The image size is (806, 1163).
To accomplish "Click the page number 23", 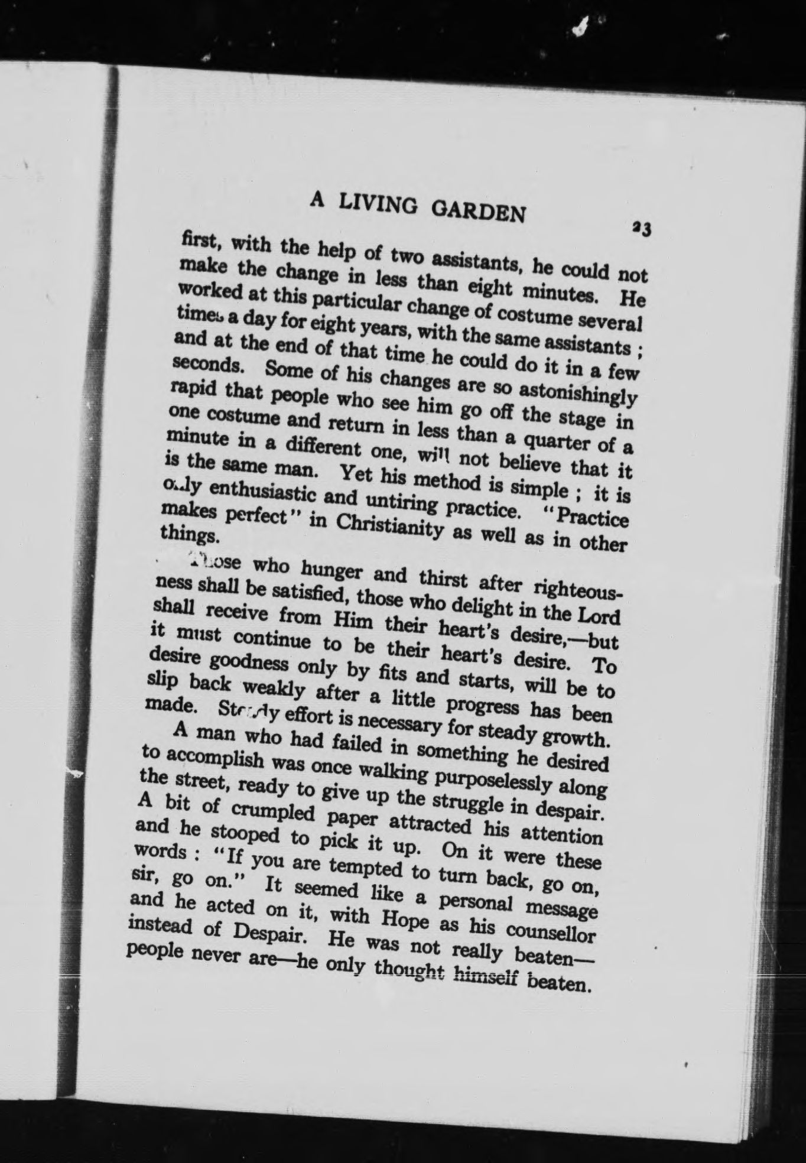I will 641,228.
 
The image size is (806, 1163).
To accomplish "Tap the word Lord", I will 599,616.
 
